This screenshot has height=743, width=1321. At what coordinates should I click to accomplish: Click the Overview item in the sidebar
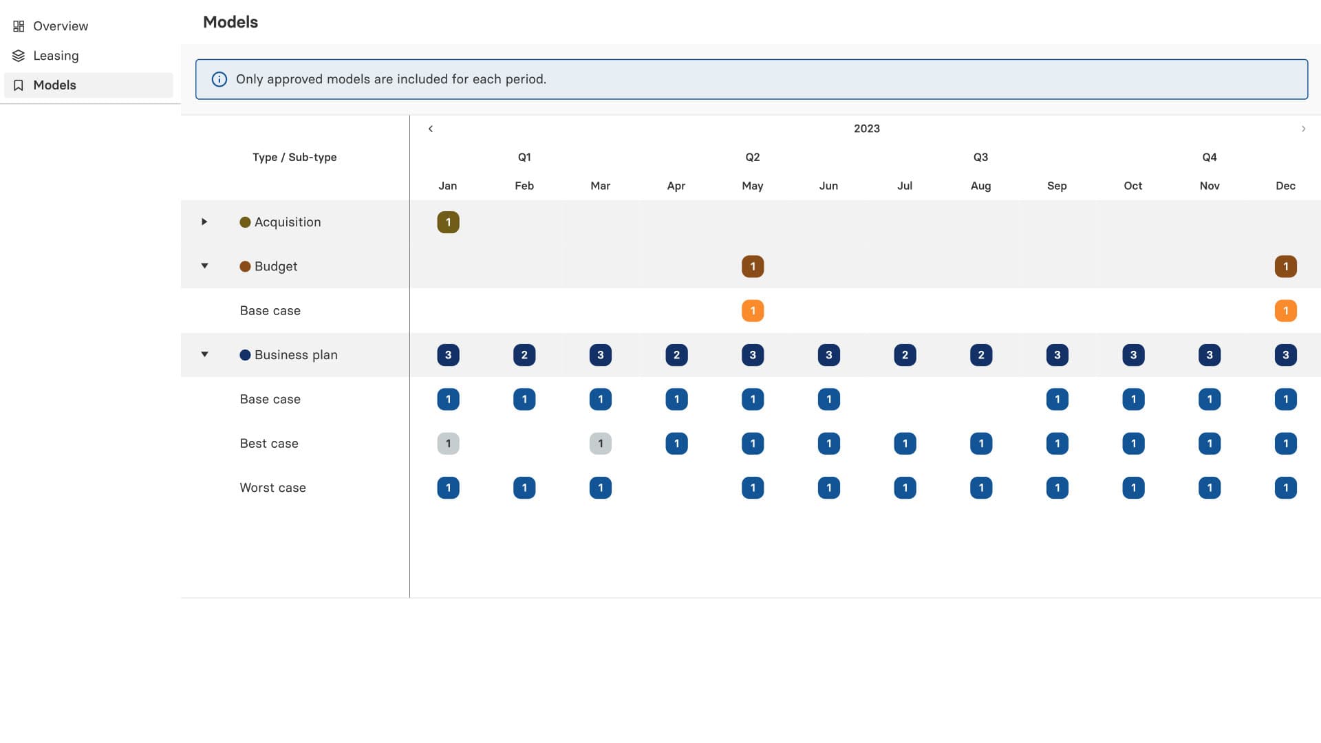(60, 26)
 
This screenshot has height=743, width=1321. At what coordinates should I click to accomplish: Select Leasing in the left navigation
(55, 56)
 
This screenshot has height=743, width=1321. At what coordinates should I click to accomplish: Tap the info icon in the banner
(219, 79)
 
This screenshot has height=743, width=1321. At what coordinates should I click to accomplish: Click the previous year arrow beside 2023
(431, 129)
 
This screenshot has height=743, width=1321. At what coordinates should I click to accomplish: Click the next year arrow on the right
(1303, 129)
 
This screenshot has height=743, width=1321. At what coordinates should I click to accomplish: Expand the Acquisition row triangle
(204, 222)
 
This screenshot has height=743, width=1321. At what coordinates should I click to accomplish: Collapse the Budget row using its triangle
(204, 266)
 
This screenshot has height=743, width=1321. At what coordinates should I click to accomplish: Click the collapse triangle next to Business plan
(204, 355)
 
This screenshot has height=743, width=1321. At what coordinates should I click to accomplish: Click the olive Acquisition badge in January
(448, 222)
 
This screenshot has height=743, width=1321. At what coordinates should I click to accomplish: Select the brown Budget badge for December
(1285, 266)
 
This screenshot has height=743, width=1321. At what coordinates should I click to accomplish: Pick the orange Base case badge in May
(753, 311)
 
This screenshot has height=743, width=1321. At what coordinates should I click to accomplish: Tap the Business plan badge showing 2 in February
(524, 355)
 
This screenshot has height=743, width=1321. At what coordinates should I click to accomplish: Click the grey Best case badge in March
(601, 444)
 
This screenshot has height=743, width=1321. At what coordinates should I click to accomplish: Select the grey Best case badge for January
(448, 444)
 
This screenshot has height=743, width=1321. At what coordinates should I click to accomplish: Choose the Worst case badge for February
(524, 488)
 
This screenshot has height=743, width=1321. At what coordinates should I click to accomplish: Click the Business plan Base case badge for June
(828, 400)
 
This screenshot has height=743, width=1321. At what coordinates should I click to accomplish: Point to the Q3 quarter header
(980, 158)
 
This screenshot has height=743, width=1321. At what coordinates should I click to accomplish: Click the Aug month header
(980, 186)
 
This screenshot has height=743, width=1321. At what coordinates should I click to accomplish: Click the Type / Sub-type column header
(294, 158)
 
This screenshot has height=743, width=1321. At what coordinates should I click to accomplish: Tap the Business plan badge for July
(905, 355)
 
